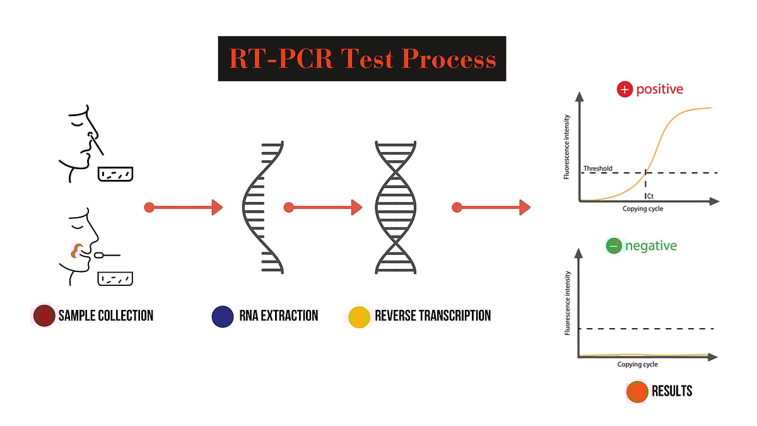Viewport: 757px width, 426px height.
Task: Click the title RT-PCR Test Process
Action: tap(362, 59)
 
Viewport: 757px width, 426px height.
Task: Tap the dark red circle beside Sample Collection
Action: tap(44, 316)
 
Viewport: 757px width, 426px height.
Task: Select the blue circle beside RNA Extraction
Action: tap(223, 316)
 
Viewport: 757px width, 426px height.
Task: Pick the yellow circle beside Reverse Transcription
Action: tap(360, 316)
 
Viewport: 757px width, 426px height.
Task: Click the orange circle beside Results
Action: tap(637, 391)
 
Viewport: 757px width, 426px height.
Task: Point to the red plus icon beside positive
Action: tap(625, 90)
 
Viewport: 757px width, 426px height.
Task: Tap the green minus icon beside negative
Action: tap(613, 246)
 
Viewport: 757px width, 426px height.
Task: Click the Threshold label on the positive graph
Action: tap(597, 169)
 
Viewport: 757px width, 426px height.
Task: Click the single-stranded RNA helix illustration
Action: tap(262, 207)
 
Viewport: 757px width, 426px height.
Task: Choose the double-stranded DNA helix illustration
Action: tap(396, 207)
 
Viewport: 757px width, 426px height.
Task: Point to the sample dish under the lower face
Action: tap(116, 278)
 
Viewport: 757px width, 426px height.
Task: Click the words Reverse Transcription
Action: tap(432, 316)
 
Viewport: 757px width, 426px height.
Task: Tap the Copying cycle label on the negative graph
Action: tap(637, 365)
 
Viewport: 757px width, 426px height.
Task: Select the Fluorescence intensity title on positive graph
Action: tap(567, 146)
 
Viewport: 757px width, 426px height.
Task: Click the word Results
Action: tap(672, 391)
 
